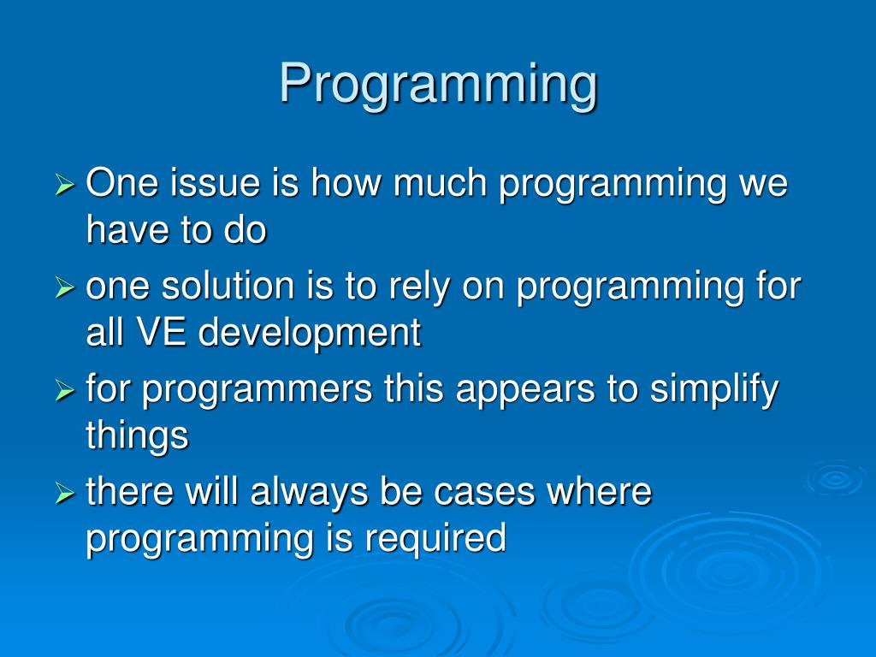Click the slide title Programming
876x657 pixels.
pos(439,85)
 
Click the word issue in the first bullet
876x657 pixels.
pos(215,182)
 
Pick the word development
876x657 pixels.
pos(310,333)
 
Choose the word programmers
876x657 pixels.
pos(257,390)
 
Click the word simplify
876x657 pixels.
pos(714,389)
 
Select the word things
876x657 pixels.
pos(138,436)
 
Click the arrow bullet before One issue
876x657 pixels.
pos(65,185)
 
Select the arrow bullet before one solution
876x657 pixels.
pos(65,288)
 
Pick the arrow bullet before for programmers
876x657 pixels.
pos(65,391)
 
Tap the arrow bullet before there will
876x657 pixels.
pos(65,494)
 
